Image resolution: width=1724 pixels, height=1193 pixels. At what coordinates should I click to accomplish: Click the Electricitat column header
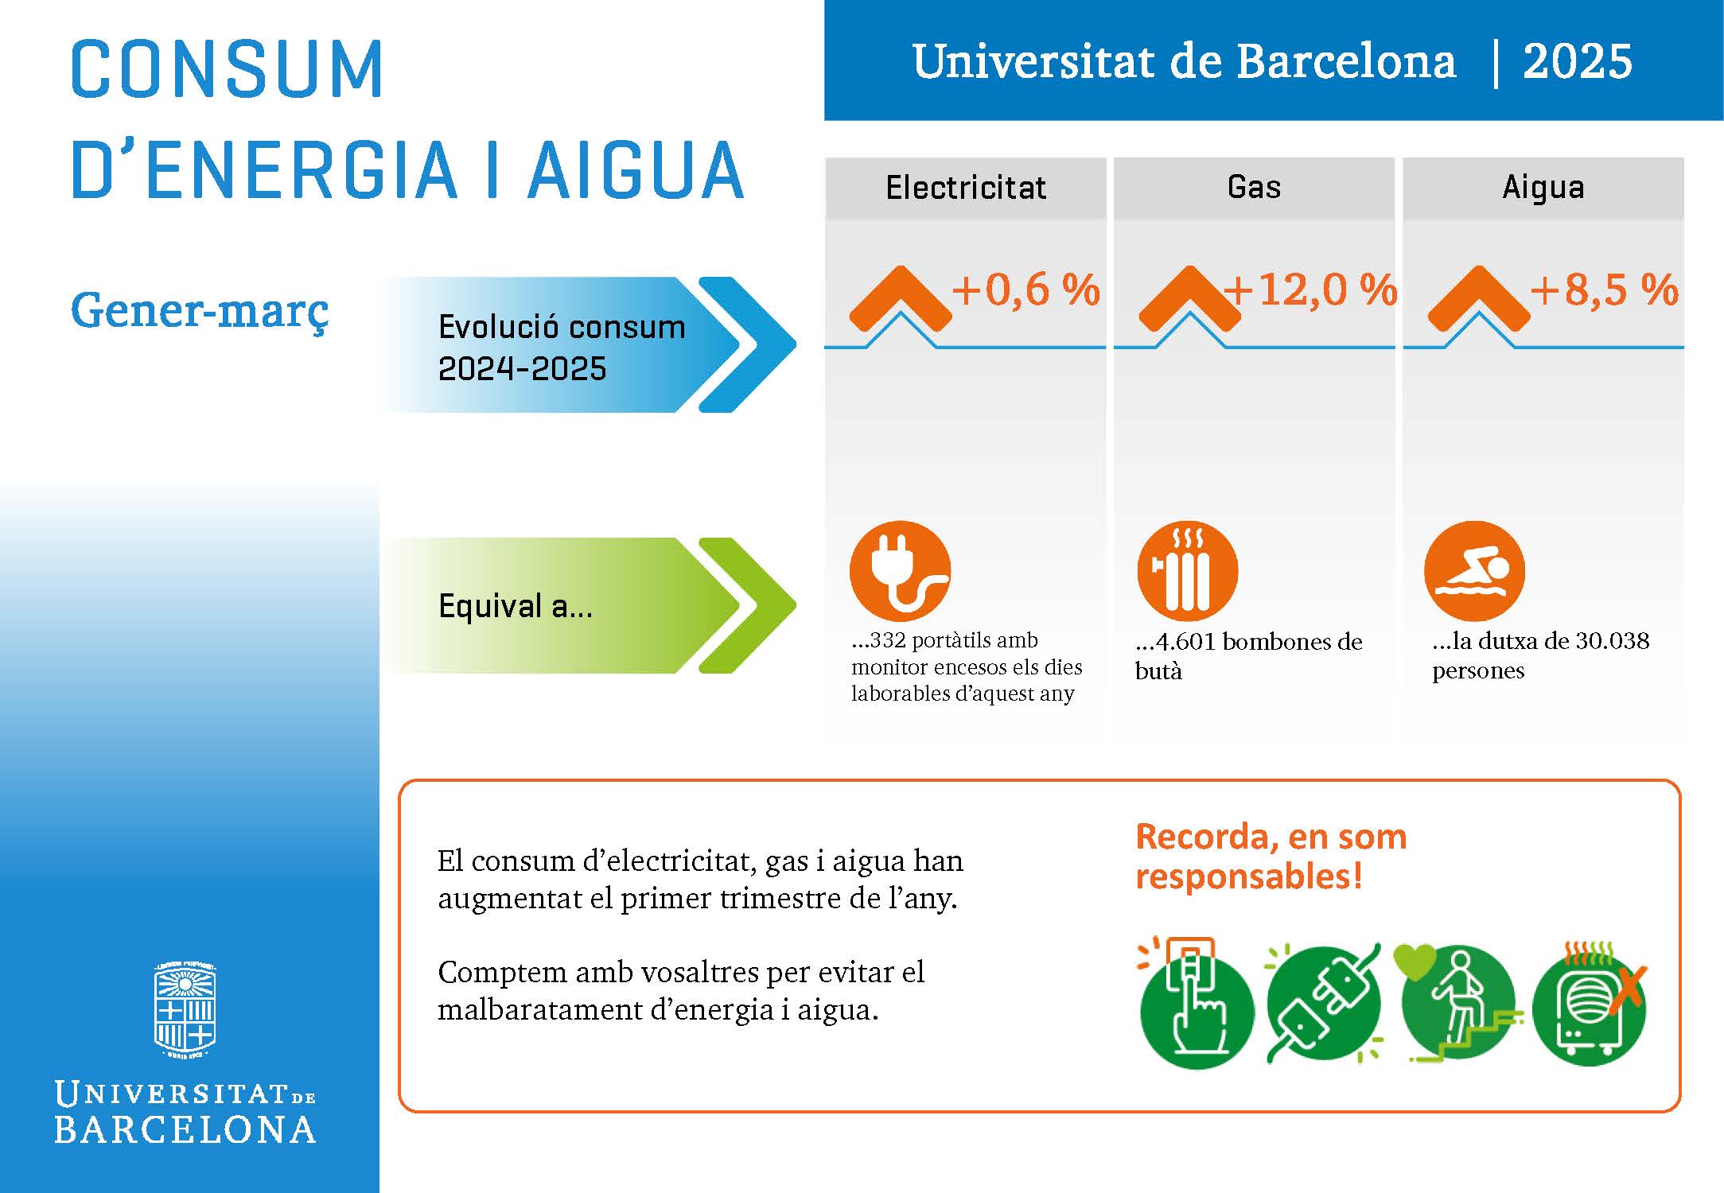pyautogui.click(x=965, y=188)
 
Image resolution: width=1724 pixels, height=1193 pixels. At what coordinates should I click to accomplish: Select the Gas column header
pyautogui.click(x=1254, y=188)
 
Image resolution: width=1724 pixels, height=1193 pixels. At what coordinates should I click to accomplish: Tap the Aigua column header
pyautogui.click(x=1543, y=188)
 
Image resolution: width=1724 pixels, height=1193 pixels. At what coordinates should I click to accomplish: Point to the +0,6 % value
pyautogui.click(x=1025, y=290)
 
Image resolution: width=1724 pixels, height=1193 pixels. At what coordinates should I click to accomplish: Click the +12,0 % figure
pyautogui.click(x=1311, y=290)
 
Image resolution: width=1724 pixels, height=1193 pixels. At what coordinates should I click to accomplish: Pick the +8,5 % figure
pyautogui.click(x=1604, y=290)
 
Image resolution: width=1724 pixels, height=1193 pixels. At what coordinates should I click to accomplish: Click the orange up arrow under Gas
pyautogui.click(x=1189, y=298)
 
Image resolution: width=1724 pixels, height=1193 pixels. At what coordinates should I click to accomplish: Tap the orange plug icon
pyautogui.click(x=900, y=570)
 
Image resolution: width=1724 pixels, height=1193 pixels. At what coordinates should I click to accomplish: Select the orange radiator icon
pyautogui.click(x=1188, y=570)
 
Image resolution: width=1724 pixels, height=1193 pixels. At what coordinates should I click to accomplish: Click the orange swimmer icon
pyautogui.click(x=1474, y=570)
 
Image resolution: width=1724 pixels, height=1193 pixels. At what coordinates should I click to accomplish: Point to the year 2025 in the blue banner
pyautogui.click(x=1577, y=62)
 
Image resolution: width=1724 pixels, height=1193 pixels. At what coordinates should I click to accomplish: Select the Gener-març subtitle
pyautogui.click(x=200, y=310)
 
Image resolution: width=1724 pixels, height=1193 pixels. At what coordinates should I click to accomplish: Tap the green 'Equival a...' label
pyautogui.click(x=516, y=606)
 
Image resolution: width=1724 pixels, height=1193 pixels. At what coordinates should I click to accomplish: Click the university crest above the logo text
pyautogui.click(x=185, y=1010)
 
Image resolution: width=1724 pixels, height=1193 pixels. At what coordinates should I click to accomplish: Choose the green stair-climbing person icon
pyautogui.click(x=1457, y=1004)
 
